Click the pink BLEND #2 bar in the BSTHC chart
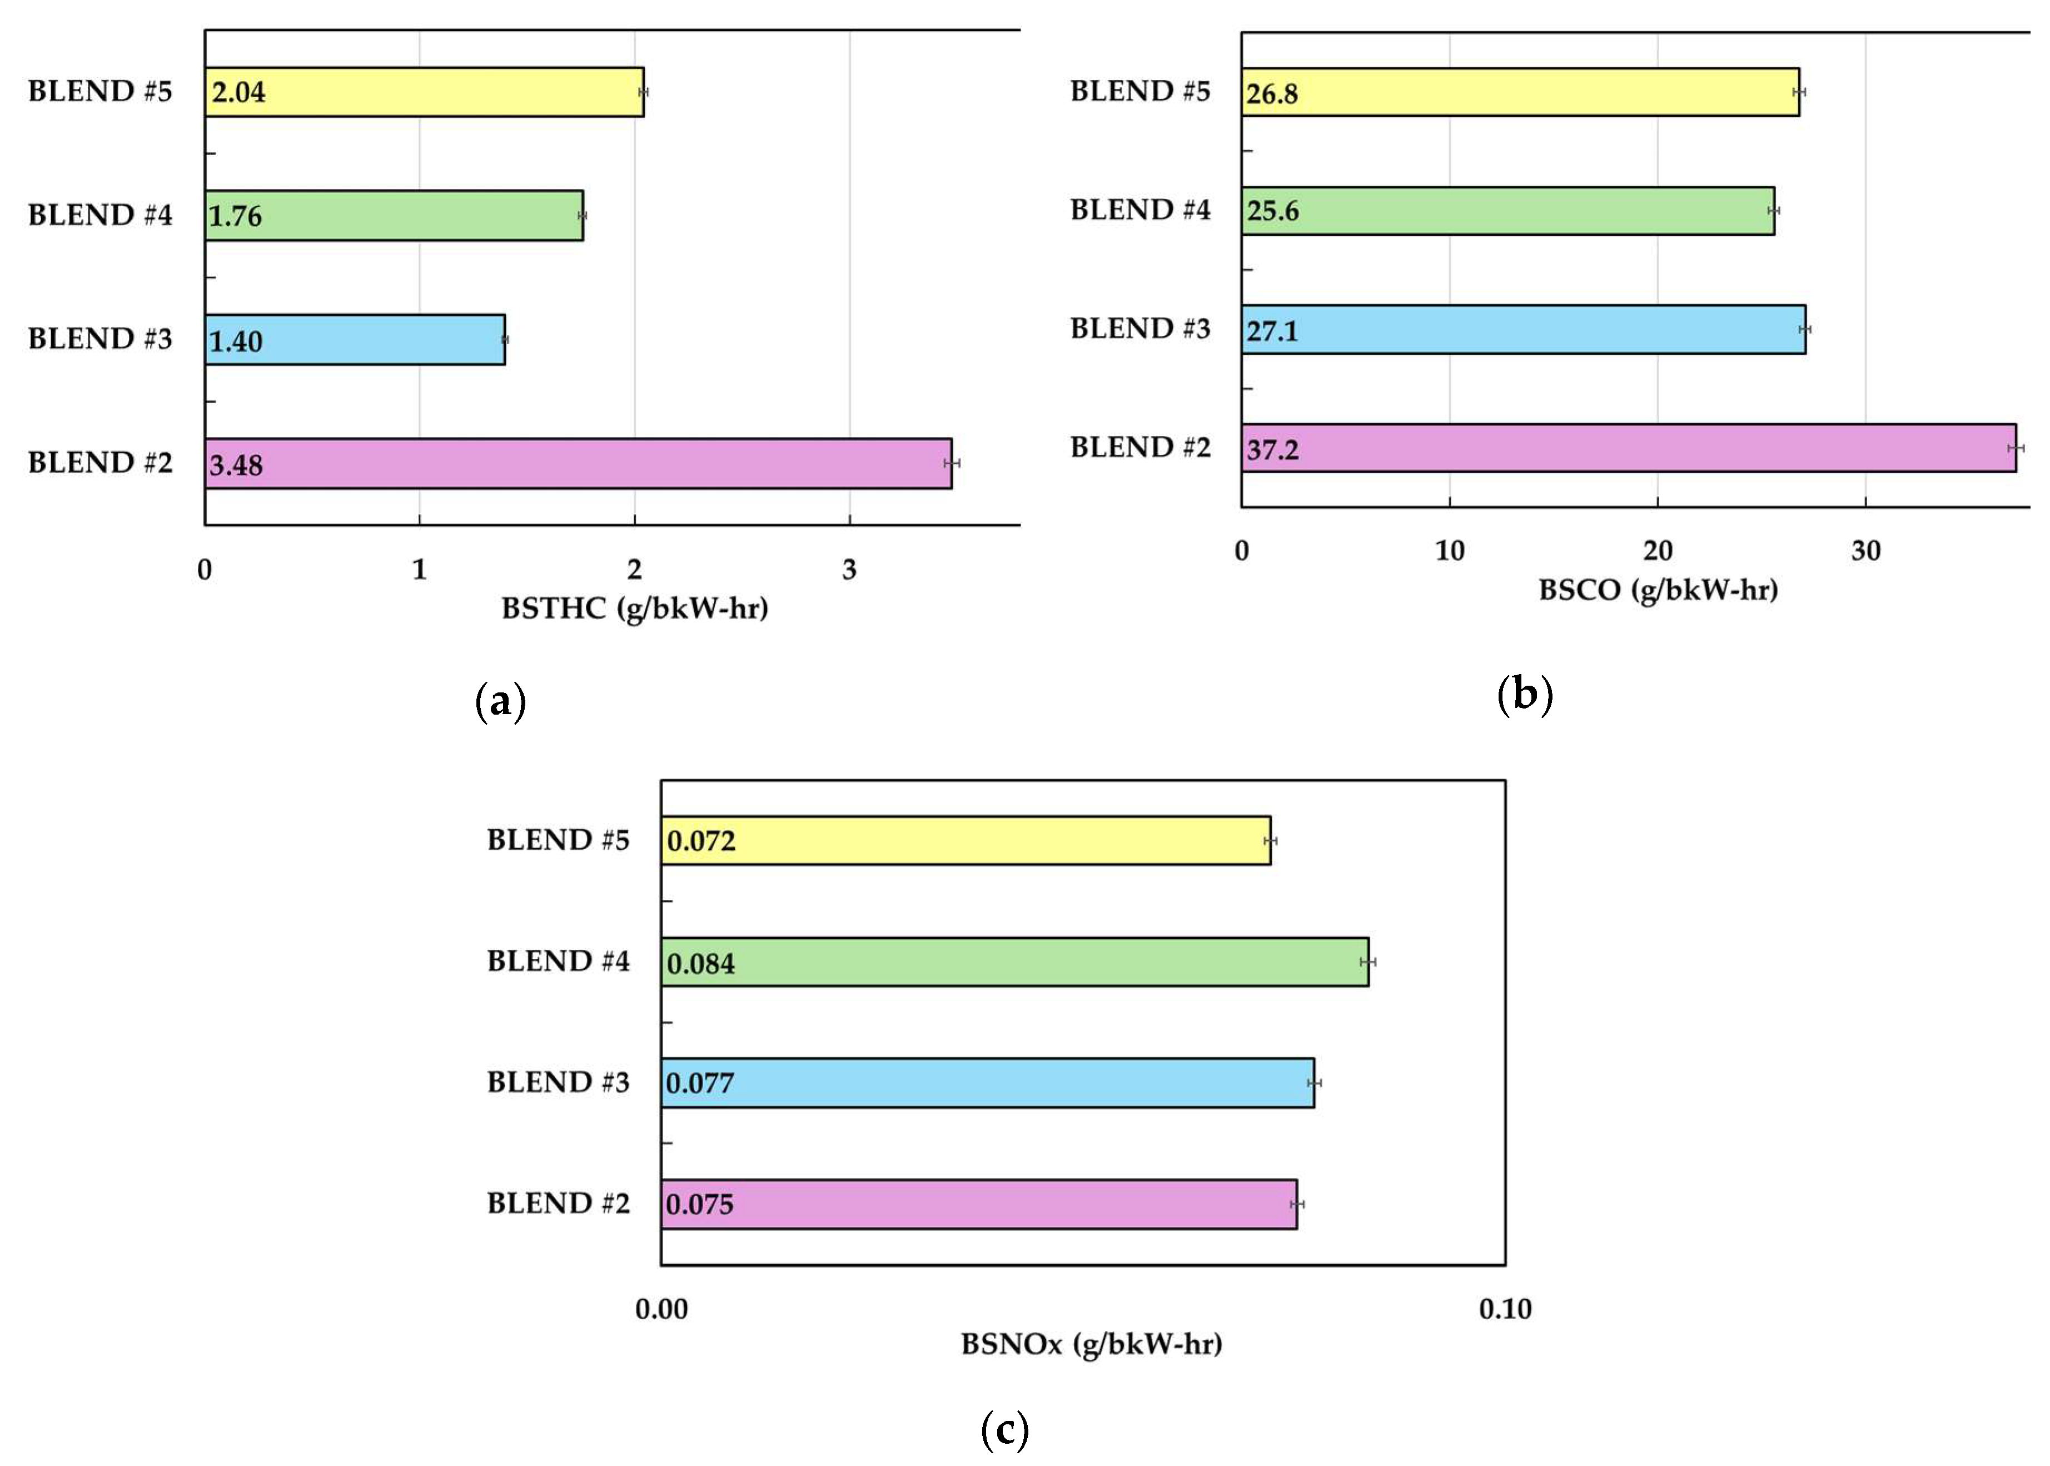[578, 463]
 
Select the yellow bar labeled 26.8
[1520, 92]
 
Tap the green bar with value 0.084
[1014, 962]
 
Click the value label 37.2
[1272, 449]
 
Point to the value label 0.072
[701, 841]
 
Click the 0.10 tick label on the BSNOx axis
[1505, 1309]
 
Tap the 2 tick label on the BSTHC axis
[634, 569]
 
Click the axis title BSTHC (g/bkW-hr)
[634, 608]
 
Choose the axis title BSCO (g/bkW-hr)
[1658, 591]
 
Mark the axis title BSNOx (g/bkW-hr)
[1091, 1344]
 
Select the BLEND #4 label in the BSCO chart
[1140, 210]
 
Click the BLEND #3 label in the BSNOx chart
[558, 1082]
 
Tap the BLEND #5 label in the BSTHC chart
[99, 91]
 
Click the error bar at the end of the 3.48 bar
[951, 463]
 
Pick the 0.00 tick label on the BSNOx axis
[661, 1309]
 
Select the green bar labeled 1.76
[394, 216]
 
